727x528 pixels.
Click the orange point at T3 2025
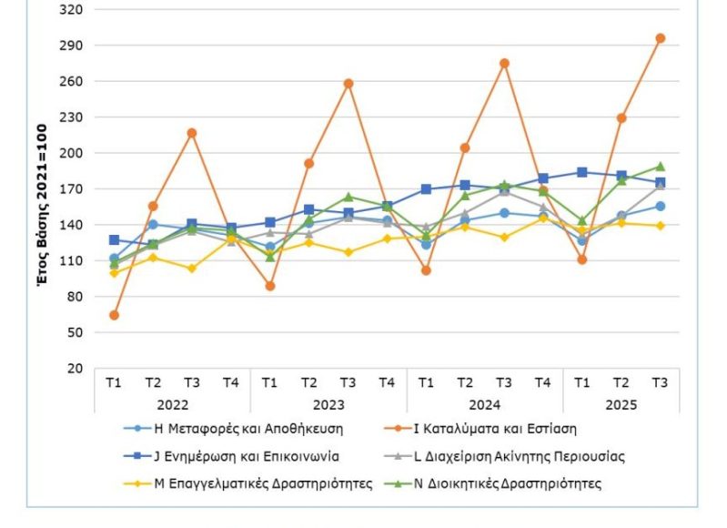pos(661,38)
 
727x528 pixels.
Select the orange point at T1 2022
pos(114,315)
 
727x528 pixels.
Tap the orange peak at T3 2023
pos(348,84)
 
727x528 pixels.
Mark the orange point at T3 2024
pos(504,64)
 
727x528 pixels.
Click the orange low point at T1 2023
pos(270,286)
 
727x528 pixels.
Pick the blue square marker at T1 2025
pos(582,172)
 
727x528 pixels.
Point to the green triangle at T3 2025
pos(661,167)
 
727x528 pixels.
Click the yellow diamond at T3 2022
pos(192,269)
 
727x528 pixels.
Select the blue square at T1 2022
pos(114,240)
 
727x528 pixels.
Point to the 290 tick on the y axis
pos(70,45)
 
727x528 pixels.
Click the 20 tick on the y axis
pos(74,369)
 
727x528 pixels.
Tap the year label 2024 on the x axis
pos(485,404)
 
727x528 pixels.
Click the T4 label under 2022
pos(231,382)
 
